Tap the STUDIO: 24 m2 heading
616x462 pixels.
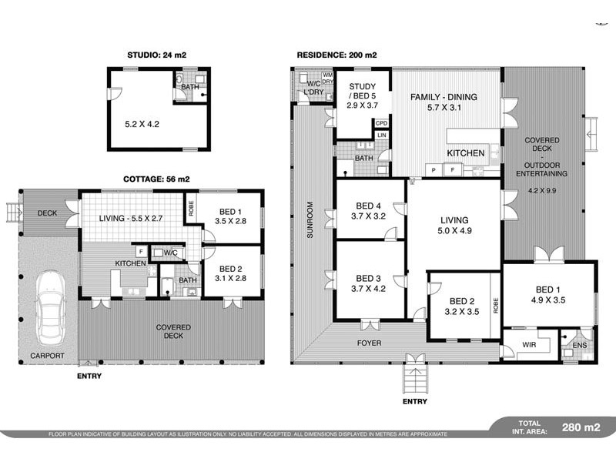(x=156, y=55)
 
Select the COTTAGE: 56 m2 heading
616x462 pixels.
(x=156, y=179)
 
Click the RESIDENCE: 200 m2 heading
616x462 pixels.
(x=337, y=55)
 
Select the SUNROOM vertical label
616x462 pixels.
(x=310, y=220)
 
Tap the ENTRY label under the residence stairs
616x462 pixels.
(x=414, y=401)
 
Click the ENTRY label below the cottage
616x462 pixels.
(x=89, y=376)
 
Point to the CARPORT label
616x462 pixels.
(x=47, y=356)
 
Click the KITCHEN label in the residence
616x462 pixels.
(x=466, y=153)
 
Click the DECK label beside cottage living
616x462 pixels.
(x=48, y=213)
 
